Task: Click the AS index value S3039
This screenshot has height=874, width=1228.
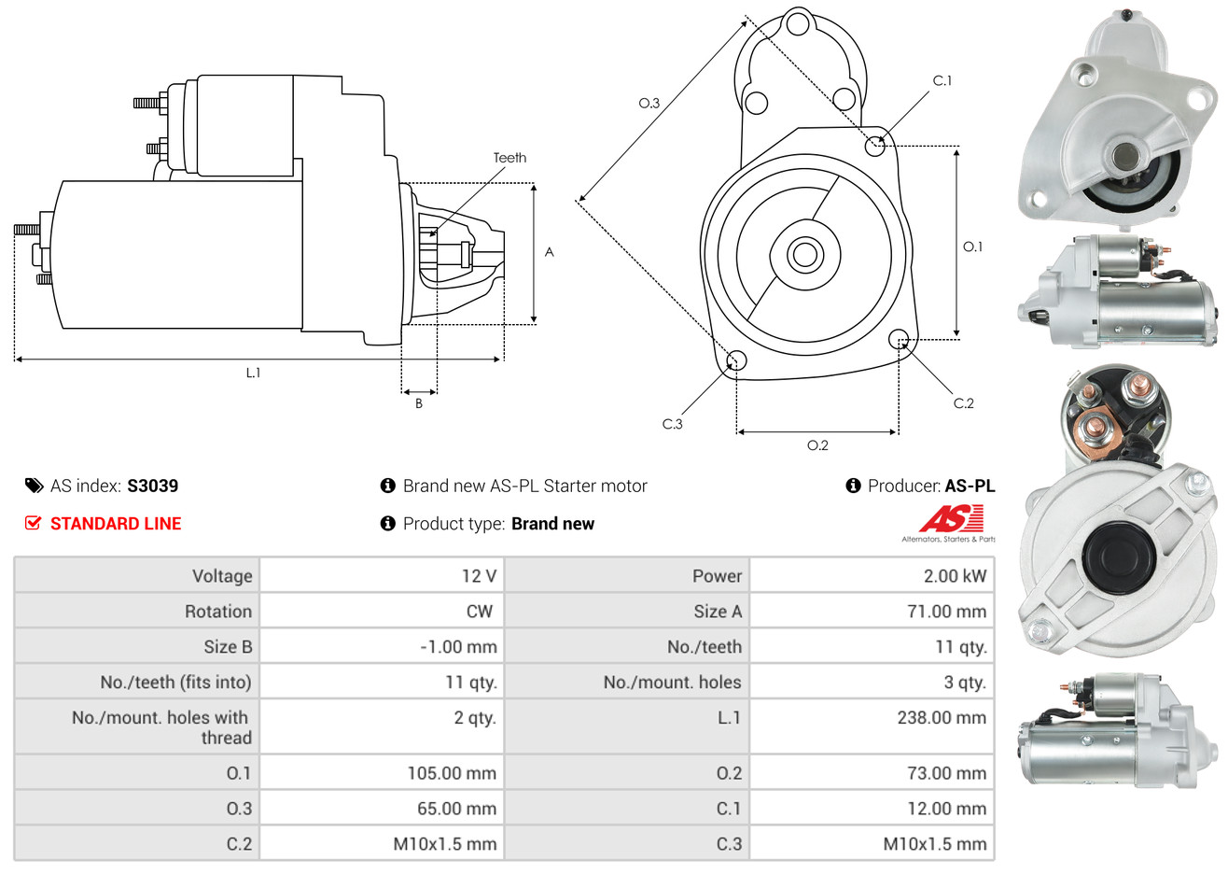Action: click(152, 486)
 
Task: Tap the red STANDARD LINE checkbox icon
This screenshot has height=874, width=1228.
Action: click(34, 523)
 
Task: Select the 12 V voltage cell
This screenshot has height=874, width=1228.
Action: click(479, 576)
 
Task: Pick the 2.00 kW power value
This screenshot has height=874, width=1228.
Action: click(955, 576)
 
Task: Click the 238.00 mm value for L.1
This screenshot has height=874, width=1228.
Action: click(941, 718)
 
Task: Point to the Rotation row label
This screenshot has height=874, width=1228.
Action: click(217, 612)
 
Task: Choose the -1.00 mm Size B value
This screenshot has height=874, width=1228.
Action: click(458, 647)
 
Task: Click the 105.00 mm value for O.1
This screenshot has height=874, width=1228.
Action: click(452, 773)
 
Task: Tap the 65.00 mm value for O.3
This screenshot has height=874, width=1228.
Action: click(456, 809)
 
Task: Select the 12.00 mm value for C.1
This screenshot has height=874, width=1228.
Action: click(946, 809)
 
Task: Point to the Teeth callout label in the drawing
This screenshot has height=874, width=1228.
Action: click(509, 158)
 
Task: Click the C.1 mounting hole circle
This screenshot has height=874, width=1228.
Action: click(875, 146)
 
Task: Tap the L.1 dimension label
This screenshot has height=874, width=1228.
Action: click(254, 373)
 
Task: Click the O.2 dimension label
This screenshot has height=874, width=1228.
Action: click(817, 445)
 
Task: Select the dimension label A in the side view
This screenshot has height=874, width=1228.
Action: click(549, 252)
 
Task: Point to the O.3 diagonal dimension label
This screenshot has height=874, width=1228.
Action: click(649, 103)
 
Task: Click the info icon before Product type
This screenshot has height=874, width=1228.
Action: click(388, 523)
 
